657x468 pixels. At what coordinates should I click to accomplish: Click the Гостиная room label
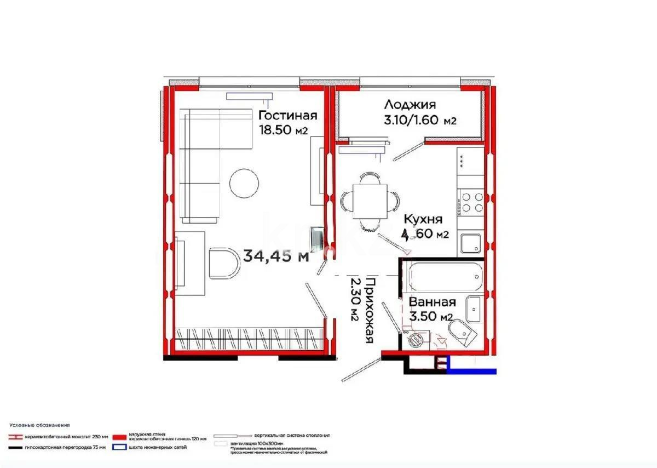tap(288, 116)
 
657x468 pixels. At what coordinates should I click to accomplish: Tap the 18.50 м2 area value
tap(283, 130)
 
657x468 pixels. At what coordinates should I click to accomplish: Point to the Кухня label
tap(423, 219)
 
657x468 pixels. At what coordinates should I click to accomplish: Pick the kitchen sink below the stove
tap(470, 243)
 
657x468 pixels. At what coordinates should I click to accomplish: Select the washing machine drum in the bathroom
tap(417, 339)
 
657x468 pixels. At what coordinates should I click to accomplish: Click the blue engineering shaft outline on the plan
tap(471, 371)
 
